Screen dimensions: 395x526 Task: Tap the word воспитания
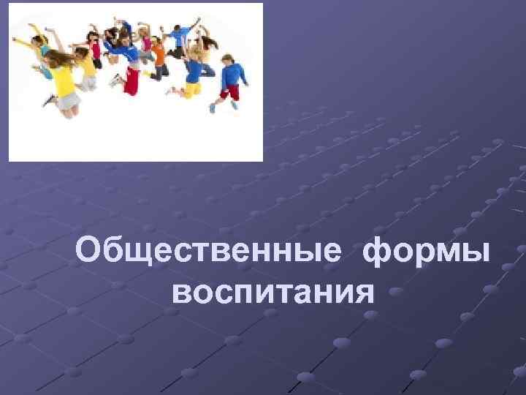(274, 292)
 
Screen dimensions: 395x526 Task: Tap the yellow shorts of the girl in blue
(193, 90)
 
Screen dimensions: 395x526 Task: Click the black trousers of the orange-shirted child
(158, 69)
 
